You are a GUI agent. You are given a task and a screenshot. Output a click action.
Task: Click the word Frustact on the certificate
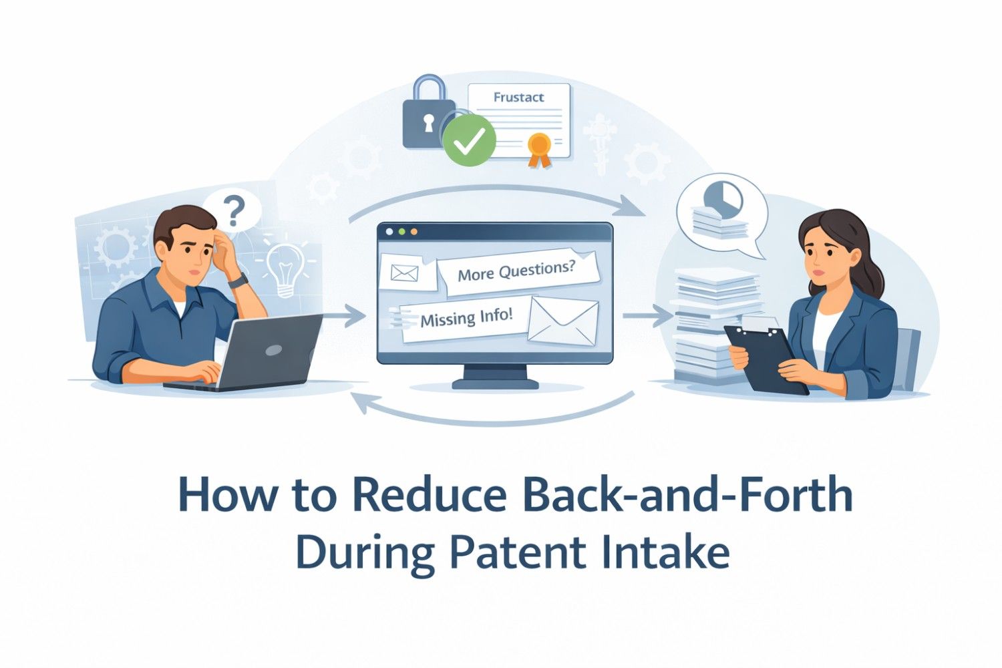coord(518,98)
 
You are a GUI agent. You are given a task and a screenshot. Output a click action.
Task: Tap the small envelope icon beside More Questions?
coord(404,273)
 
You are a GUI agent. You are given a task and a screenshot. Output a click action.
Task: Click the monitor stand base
coord(495,383)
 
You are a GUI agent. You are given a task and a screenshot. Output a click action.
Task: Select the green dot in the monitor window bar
coord(401,232)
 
